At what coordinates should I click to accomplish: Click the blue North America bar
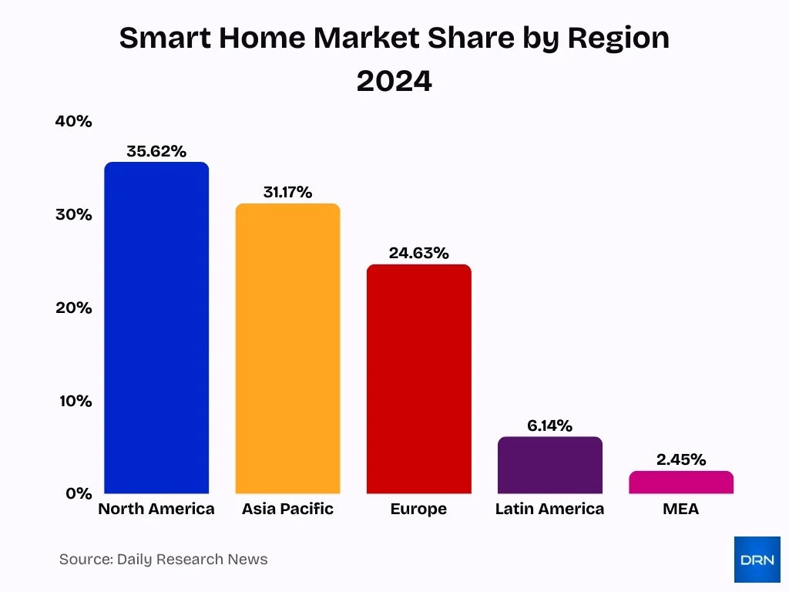(x=156, y=328)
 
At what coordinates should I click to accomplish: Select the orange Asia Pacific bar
(x=287, y=348)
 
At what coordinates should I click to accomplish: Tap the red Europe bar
(x=418, y=378)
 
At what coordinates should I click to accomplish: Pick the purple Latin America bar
(x=549, y=465)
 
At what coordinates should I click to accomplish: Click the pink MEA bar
(x=681, y=483)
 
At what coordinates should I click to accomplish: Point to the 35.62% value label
(x=156, y=151)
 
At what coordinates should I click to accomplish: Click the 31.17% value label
(x=287, y=192)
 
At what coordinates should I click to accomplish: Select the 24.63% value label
(x=418, y=253)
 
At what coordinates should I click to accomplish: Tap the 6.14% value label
(x=549, y=425)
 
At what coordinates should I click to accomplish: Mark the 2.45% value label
(x=681, y=459)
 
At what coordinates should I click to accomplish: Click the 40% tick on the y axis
(x=74, y=121)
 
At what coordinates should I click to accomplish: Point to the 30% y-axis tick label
(x=74, y=214)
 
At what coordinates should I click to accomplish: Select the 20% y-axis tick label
(x=74, y=308)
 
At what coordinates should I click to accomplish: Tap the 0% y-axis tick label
(x=79, y=493)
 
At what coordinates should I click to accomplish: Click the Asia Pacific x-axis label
(x=287, y=509)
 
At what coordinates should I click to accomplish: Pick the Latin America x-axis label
(x=549, y=509)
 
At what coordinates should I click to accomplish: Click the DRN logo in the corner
(x=757, y=560)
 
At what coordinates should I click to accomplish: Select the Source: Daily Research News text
(x=163, y=560)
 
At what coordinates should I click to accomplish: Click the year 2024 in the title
(x=394, y=81)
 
